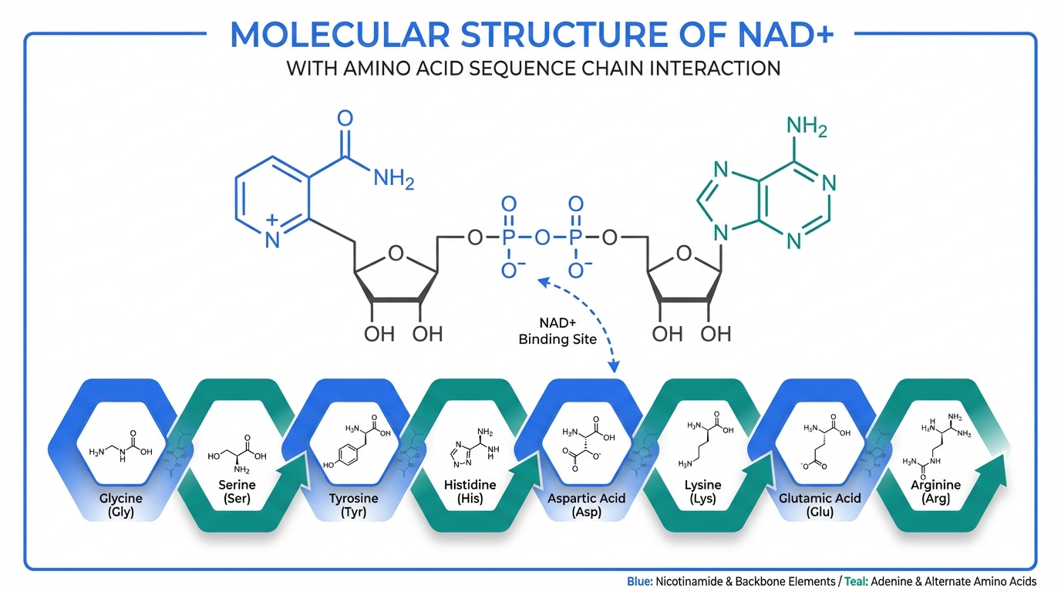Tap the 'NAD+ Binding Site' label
(x=557, y=331)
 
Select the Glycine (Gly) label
(x=121, y=505)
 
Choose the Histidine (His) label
(x=470, y=492)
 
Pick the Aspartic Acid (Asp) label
(x=586, y=505)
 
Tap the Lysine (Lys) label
(x=702, y=492)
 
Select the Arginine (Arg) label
(x=935, y=492)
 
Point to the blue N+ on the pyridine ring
(x=271, y=236)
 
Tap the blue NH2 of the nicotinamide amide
(x=393, y=180)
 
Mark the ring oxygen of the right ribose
(x=682, y=252)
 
